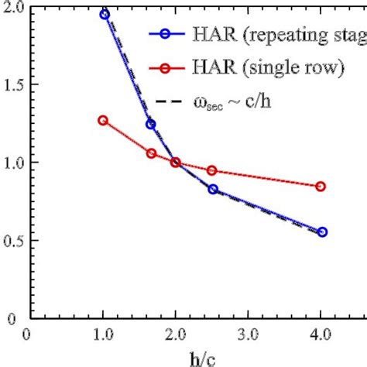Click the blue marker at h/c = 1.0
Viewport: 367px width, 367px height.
(x=105, y=14)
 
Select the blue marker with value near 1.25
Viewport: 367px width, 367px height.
(x=151, y=124)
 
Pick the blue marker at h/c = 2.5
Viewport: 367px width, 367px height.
(x=213, y=189)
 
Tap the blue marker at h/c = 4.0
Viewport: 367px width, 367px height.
(x=322, y=232)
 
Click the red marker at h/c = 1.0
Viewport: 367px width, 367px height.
(x=103, y=120)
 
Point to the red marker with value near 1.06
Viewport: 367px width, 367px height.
(x=151, y=153)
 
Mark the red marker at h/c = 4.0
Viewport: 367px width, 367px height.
(x=321, y=187)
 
